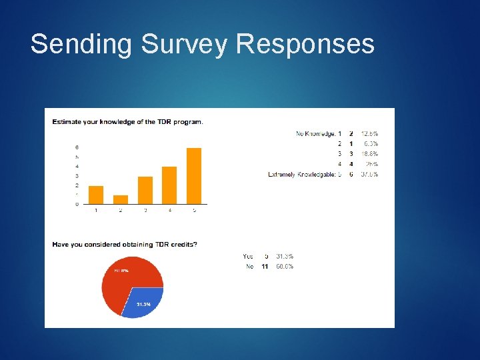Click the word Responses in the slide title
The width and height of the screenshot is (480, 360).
pos(305,45)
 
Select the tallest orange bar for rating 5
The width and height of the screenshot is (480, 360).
pos(193,176)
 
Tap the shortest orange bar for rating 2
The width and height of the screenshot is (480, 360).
pos(121,199)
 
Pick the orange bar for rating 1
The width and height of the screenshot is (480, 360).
pos(96,195)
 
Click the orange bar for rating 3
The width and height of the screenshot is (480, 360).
pos(145,190)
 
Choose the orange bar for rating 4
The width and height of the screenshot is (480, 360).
pos(169,185)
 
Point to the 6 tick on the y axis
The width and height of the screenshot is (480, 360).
pos(77,147)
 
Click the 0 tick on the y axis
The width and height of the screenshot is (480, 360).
pos(77,204)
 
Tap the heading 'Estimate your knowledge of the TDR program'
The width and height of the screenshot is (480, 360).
pos(128,121)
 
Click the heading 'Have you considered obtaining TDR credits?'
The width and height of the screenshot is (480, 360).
pos(125,245)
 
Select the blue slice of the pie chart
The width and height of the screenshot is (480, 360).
pos(141,302)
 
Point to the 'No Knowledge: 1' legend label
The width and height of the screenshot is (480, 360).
pos(319,134)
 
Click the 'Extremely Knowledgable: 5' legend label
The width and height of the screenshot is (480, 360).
pos(305,175)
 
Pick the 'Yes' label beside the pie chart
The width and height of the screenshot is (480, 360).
pos(248,256)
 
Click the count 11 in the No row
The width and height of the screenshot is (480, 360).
pos(265,267)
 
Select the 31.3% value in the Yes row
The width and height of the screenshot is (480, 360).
pos(284,256)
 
